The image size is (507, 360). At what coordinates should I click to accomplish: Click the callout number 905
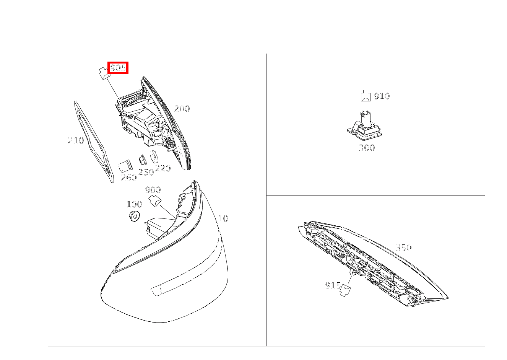(x=118, y=68)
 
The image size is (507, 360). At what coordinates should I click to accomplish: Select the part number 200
(x=182, y=109)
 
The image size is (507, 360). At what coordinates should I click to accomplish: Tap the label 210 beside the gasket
(x=76, y=140)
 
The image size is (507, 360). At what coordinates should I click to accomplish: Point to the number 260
(x=129, y=177)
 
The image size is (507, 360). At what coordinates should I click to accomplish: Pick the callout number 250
(x=146, y=172)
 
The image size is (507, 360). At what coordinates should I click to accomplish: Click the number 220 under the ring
(x=163, y=168)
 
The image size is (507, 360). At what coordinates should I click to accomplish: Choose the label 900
(x=153, y=190)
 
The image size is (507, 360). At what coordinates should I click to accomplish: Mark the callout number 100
(x=135, y=204)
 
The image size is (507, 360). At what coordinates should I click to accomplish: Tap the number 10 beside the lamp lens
(x=223, y=218)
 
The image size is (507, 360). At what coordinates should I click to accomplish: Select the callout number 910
(x=382, y=96)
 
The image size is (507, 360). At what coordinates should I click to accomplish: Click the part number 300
(x=367, y=148)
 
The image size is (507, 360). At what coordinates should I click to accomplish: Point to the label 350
(x=403, y=248)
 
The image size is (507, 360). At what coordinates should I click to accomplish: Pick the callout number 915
(x=333, y=285)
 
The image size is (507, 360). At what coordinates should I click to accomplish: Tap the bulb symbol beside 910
(x=366, y=96)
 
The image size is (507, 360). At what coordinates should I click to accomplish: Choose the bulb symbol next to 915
(x=345, y=290)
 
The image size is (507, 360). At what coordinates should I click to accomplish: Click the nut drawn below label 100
(x=134, y=216)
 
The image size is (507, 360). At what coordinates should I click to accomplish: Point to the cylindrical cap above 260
(x=125, y=166)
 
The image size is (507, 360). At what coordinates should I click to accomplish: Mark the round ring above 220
(x=154, y=157)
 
